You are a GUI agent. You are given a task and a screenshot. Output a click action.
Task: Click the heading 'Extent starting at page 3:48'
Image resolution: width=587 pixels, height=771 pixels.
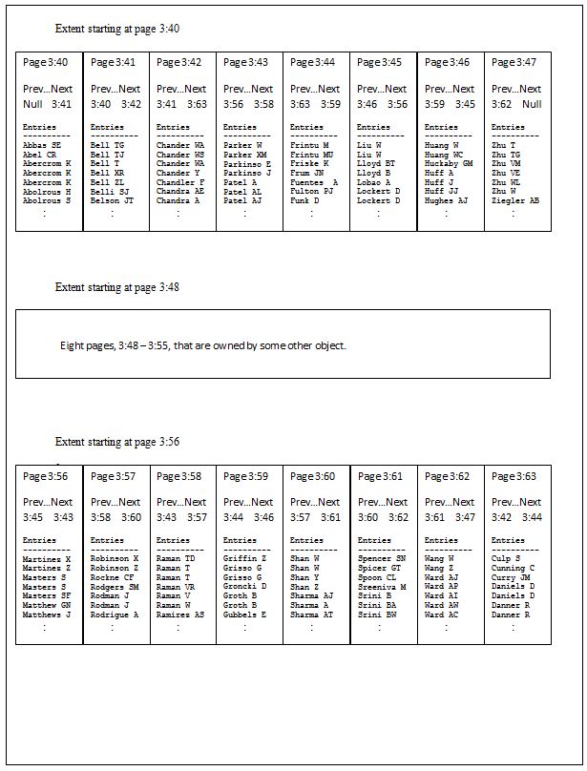(117, 286)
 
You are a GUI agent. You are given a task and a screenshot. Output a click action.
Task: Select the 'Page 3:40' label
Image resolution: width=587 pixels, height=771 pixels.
(45, 62)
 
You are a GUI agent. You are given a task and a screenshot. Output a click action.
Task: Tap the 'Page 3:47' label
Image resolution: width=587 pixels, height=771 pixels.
(514, 62)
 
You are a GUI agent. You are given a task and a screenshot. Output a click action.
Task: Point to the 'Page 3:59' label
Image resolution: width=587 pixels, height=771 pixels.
(245, 476)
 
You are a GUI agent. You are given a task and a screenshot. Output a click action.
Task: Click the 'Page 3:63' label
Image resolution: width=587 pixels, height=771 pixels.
(514, 476)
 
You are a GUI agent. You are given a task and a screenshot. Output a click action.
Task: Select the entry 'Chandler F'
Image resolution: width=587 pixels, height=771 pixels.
(180, 182)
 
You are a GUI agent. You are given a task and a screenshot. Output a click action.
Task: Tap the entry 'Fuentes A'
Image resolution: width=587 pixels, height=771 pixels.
(314, 182)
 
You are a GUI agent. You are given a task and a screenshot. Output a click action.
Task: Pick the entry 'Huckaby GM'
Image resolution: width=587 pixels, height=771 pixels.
(449, 163)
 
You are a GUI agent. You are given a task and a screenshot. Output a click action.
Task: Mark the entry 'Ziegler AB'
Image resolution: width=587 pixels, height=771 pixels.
(515, 201)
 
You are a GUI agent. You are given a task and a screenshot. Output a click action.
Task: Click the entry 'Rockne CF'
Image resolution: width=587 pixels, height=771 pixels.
(112, 577)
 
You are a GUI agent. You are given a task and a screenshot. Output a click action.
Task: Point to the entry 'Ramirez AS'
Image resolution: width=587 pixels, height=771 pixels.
(179, 615)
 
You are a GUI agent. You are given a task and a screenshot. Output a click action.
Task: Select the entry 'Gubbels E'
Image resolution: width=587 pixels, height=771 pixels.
(244, 615)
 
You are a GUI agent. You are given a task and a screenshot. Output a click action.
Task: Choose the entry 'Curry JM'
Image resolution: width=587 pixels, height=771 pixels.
(511, 577)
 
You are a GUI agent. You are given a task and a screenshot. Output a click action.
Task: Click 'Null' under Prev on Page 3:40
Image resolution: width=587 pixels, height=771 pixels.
(32, 104)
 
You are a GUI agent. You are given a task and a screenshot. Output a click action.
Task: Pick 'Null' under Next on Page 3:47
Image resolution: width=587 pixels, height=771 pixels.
(532, 104)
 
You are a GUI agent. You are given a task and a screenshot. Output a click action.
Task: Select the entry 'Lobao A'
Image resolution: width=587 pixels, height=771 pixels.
(374, 182)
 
